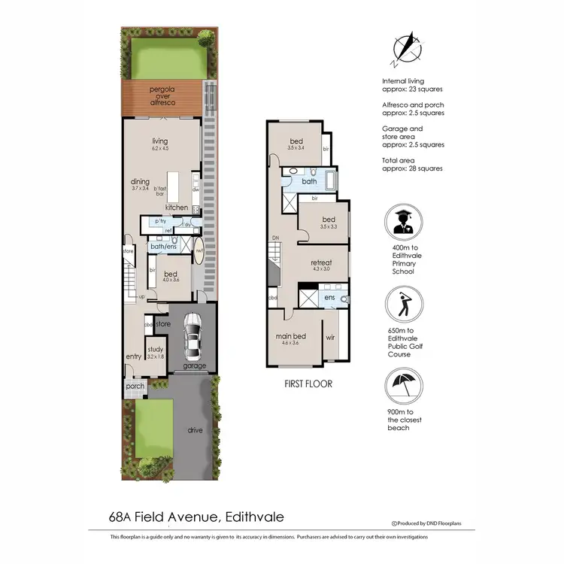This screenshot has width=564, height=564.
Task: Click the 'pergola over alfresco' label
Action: click(159, 96)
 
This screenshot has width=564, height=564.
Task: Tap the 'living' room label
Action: click(159, 141)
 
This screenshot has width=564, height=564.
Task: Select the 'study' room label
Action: click(155, 349)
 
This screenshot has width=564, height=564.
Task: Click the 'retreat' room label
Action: click(321, 263)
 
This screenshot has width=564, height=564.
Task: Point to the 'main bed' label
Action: click(290, 337)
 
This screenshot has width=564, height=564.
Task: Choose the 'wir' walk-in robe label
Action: click(331, 338)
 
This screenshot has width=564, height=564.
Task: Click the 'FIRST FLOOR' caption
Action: click(308, 384)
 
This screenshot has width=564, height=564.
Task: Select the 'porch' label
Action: click(135, 387)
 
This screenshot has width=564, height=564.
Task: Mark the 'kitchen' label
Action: click(177, 208)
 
